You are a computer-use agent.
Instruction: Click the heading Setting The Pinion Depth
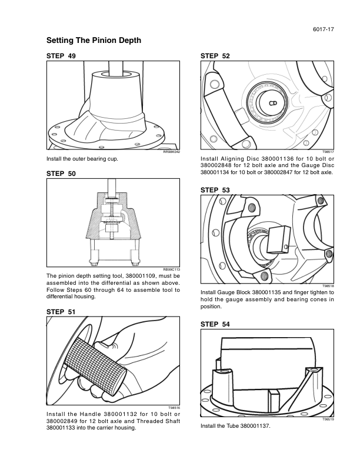point(94,41)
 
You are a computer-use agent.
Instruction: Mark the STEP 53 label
point(215,190)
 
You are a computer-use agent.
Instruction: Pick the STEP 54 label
point(215,324)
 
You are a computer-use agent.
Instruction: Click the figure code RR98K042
point(171,152)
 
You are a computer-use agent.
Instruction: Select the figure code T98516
point(173,408)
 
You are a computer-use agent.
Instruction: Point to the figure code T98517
point(328,152)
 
